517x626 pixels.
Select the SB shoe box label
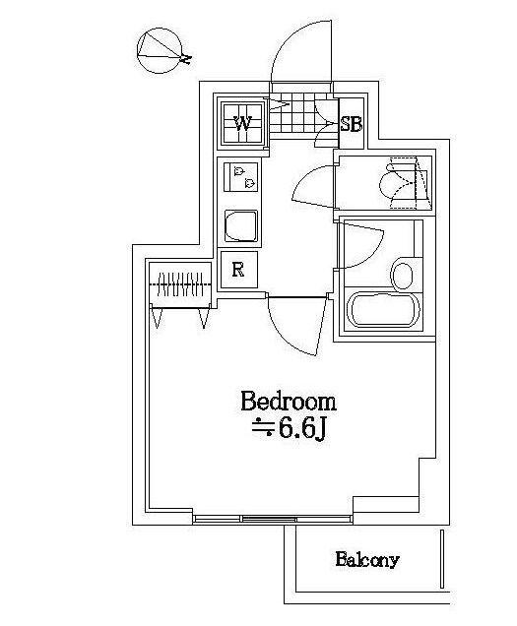(351, 124)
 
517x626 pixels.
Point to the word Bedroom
(289, 402)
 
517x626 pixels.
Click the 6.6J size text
(290, 431)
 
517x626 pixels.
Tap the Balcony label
(366, 560)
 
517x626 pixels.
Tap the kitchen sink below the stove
(240, 226)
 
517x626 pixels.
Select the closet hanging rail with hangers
(179, 286)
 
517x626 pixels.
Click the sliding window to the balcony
(272, 518)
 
